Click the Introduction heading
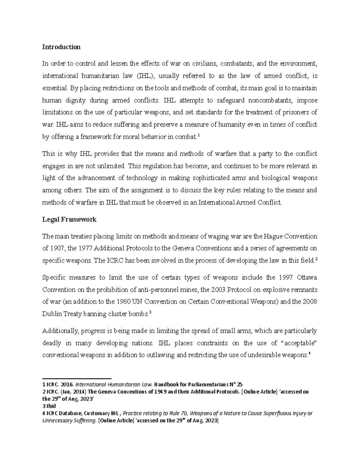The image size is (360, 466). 61,47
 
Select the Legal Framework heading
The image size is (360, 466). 69,219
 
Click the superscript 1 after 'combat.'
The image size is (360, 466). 199,135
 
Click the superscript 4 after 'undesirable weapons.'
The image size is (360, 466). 309,353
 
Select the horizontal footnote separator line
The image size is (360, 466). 77,379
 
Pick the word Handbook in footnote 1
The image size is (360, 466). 166,385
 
